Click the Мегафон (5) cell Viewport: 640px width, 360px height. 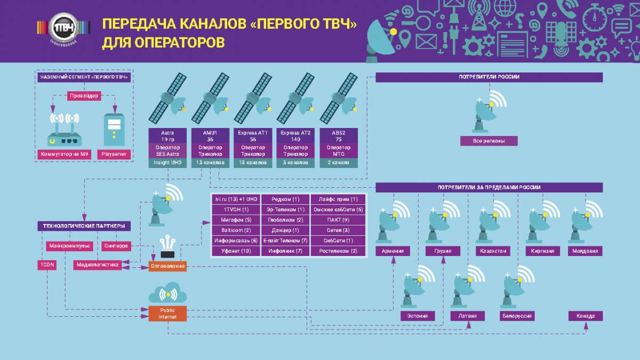[235, 219]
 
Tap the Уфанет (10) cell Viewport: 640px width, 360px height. [235, 251]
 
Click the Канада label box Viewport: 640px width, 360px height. [585, 316]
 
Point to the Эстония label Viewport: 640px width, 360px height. [418, 316]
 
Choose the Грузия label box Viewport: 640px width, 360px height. [443, 251]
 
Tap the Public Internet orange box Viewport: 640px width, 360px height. [167, 313]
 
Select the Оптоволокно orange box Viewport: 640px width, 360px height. [167, 265]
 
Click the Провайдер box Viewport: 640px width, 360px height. [84, 97]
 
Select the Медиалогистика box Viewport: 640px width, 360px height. [96, 264]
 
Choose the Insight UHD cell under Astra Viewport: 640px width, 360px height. [168, 163]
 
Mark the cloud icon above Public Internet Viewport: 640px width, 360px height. [167, 294]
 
